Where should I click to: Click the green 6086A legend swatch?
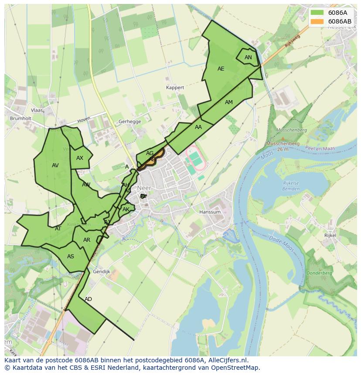[317, 12]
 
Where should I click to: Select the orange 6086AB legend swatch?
[317, 21]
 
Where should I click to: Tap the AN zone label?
[248, 57]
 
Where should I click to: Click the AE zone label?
[221, 69]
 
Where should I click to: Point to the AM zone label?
[229, 102]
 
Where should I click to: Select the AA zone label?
[198, 127]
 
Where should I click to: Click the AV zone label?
[55, 166]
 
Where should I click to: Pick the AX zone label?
[79, 158]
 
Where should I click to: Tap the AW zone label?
[86, 185]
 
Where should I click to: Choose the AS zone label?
[71, 257]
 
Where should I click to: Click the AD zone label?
[89, 299]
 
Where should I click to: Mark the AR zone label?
[87, 240]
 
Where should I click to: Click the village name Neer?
[143, 188]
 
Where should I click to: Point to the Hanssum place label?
[210, 212]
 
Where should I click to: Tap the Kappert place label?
[175, 88]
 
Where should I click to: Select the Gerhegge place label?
[130, 122]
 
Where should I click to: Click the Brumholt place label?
[21, 118]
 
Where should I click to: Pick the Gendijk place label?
[102, 271]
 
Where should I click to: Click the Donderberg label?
[320, 273]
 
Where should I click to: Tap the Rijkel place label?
[330, 235]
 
